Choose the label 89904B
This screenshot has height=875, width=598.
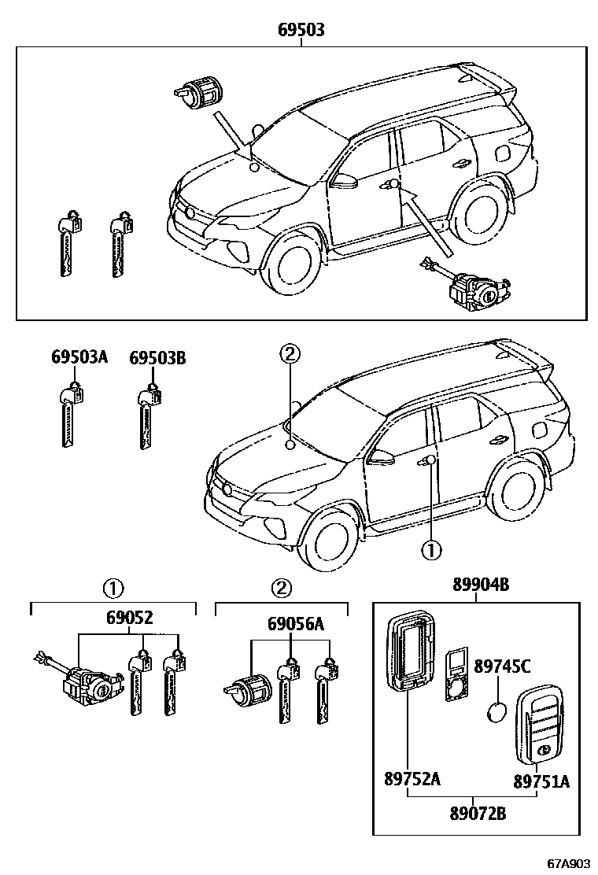click(481, 585)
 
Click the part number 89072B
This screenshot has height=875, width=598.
click(478, 813)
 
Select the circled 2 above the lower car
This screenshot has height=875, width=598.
click(290, 354)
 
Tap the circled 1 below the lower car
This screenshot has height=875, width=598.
click(431, 550)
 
